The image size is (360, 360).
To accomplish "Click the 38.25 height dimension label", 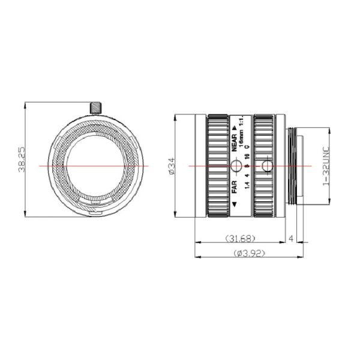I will [x=21, y=160].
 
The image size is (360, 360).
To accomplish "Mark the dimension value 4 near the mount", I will [x=291, y=239].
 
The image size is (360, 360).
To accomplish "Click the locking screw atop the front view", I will [x=95, y=107].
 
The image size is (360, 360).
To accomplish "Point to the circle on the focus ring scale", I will [x=238, y=166].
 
